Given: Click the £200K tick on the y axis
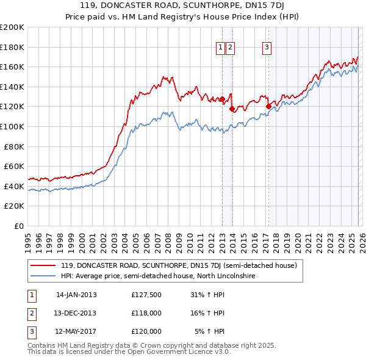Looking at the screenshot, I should coord(12,27).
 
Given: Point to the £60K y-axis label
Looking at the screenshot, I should coord(14,166).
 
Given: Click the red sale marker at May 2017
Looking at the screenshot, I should coord(268,106).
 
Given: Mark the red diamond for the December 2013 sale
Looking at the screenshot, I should coord(232,109).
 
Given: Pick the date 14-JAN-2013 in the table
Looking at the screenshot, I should coord(76,295).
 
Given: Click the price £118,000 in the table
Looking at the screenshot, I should coord(146,313).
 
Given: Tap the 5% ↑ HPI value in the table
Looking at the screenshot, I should coord(210,331).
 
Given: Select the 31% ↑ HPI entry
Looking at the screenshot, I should coord(207,295).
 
